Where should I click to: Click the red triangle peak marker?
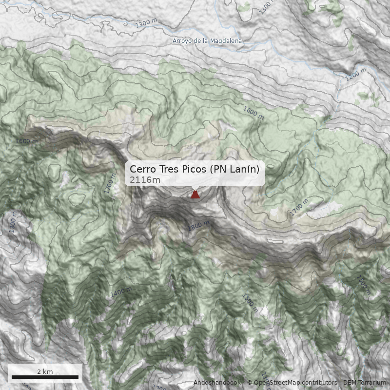pos(195,195)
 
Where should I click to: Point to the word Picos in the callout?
pos(195,169)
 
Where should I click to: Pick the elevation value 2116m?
pos(145,180)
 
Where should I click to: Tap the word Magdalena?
pos(226,41)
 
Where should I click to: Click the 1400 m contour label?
pos(120,292)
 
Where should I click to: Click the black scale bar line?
pos(45,377)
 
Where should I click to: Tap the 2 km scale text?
pos(45,371)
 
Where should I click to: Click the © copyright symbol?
pos(250,383)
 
